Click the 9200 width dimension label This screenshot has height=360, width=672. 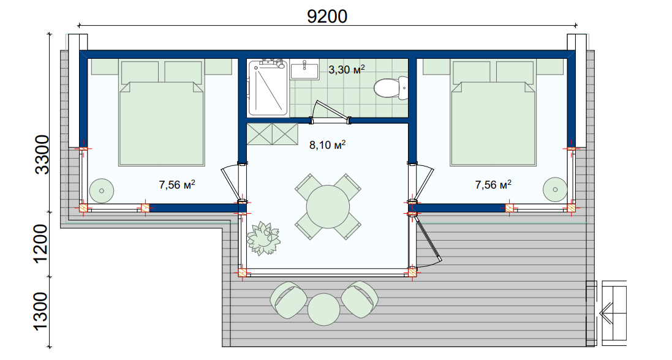pyautogui.click(x=327, y=17)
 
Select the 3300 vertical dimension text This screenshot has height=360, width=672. pyautogui.click(x=42, y=155)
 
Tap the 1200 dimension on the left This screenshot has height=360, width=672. pyautogui.click(x=42, y=244)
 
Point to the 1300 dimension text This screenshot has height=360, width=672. pyautogui.click(x=42, y=312)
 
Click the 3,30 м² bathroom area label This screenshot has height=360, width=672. pyautogui.click(x=347, y=69)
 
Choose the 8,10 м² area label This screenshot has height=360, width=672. pyautogui.click(x=328, y=145)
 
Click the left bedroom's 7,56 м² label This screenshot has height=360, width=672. pyautogui.click(x=177, y=185)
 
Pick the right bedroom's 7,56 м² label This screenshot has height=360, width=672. pyautogui.click(x=493, y=185)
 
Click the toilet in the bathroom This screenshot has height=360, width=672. pyautogui.click(x=391, y=88)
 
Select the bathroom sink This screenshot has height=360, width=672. pyautogui.click(x=304, y=69)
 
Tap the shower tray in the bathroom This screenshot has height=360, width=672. pyautogui.click(x=268, y=88)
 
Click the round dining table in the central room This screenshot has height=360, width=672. pyautogui.click(x=328, y=207)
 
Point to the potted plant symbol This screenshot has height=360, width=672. pyautogui.click(x=263, y=238)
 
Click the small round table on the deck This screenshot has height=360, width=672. pyautogui.click(x=323, y=309)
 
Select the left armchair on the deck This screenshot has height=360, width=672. pyautogui.click(x=288, y=300)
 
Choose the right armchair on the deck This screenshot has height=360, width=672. pyautogui.click(x=360, y=299)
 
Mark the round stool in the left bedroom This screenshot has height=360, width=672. pyautogui.click(x=102, y=191)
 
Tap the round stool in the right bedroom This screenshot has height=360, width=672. pyautogui.click(x=556, y=189)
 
